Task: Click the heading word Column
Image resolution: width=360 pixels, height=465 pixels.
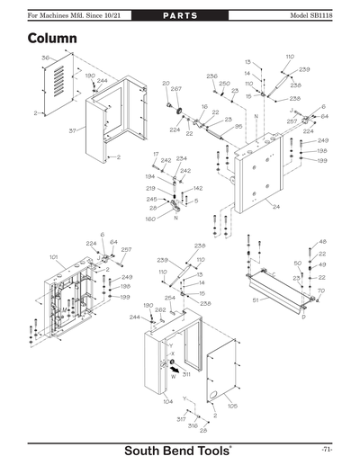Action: coord(52,40)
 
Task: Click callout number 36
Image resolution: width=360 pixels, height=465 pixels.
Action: coord(45,58)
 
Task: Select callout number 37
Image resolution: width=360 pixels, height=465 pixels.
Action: coord(47,130)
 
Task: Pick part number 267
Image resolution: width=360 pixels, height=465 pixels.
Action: coord(175,90)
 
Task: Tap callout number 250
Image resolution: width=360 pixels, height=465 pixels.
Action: coord(224,83)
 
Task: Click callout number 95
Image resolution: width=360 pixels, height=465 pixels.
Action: coord(238,127)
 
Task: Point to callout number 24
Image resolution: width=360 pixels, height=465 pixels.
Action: coord(275,206)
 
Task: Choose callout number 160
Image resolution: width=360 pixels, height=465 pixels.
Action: coord(150,219)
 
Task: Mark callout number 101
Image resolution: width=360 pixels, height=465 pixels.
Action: coord(54,257)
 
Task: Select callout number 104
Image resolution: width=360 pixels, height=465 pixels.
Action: coord(167,401)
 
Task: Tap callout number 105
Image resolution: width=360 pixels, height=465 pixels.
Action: coord(232,406)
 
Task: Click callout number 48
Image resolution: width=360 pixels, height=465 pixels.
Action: coord(322,242)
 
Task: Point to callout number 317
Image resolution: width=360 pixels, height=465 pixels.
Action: coord(181,419)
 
